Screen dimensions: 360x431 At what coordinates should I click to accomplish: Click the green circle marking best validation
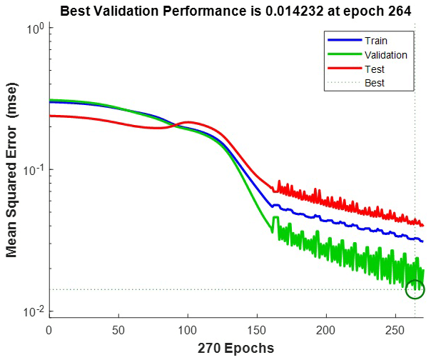tap(415, 289)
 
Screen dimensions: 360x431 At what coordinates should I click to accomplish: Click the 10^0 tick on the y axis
tap(36, 29)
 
